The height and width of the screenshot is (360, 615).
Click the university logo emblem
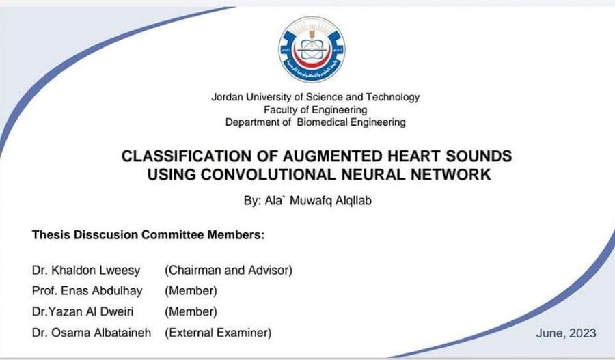tap(312, 49)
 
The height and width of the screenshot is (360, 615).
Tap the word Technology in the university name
tap(393, 97)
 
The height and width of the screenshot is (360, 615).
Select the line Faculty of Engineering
tap(315, 110)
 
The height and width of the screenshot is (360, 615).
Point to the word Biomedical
tap(322, 122)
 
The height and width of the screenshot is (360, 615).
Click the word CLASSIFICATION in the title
tap(187, 156)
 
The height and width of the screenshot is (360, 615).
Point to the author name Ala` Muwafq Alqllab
tap(318, 200)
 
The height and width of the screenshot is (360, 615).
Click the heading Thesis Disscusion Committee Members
tap(148, 234)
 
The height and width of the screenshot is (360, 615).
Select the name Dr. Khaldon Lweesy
tap(86, 271)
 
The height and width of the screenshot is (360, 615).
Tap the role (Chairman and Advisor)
tap(228, 271)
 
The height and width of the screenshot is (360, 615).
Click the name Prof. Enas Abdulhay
tap(87, 291)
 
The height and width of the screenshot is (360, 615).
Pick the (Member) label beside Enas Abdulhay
tap(191, 291)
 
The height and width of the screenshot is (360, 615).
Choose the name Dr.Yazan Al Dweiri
tap(83, 311)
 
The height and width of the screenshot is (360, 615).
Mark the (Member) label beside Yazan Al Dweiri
tap(191, 311)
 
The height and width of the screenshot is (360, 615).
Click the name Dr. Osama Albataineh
tap(92, 333)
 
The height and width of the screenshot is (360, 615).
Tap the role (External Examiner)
tap(218, 333)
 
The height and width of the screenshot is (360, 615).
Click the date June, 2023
tap(566, 333)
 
